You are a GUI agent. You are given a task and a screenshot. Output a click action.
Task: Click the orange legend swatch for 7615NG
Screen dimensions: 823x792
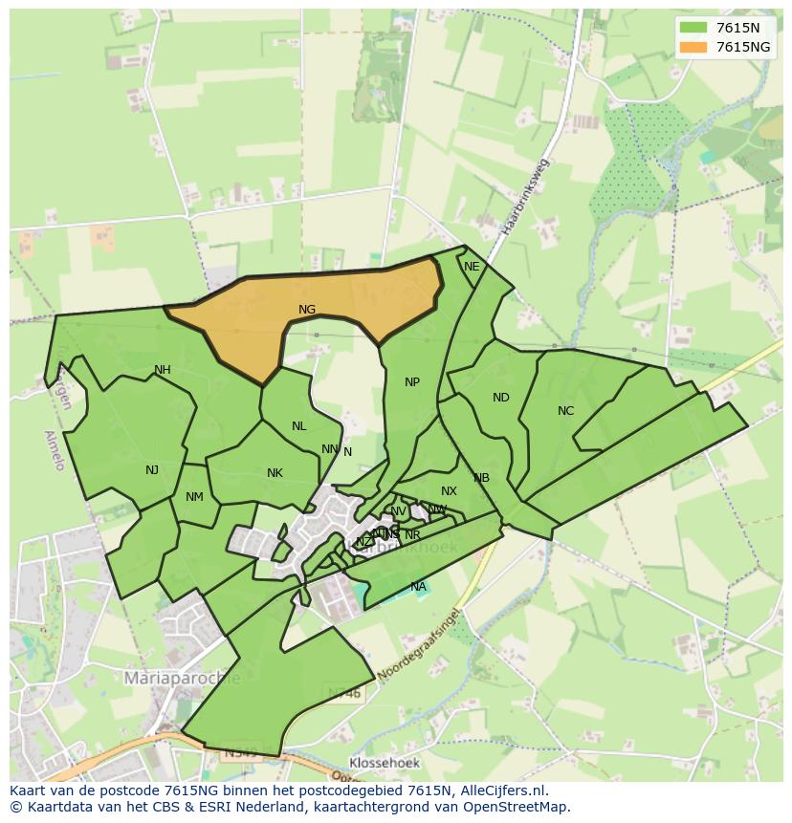694,47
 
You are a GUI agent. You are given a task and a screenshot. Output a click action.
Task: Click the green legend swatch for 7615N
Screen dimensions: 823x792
694,27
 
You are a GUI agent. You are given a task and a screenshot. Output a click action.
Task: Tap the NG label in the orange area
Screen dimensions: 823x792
307,310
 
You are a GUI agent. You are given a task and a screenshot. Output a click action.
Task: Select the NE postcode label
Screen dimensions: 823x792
472,267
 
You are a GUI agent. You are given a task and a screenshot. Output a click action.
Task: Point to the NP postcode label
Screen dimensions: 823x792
412,382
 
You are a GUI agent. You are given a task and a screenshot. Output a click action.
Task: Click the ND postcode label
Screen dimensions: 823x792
501,398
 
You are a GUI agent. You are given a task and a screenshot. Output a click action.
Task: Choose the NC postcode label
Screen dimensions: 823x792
565,411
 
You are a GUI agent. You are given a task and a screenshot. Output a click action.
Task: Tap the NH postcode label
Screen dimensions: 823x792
163,370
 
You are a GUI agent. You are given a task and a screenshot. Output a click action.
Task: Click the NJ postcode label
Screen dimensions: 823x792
152,469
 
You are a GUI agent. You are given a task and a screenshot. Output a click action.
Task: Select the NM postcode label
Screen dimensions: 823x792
194,496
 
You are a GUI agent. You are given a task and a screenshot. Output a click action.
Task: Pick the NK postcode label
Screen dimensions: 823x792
275,473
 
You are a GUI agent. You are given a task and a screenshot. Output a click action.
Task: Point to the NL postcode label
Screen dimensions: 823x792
299,426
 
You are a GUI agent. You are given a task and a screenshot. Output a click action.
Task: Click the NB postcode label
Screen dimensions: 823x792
481,478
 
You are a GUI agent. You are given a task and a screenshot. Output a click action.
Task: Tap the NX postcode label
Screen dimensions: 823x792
449,491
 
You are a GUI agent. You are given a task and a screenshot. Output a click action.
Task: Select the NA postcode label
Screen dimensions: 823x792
418,586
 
